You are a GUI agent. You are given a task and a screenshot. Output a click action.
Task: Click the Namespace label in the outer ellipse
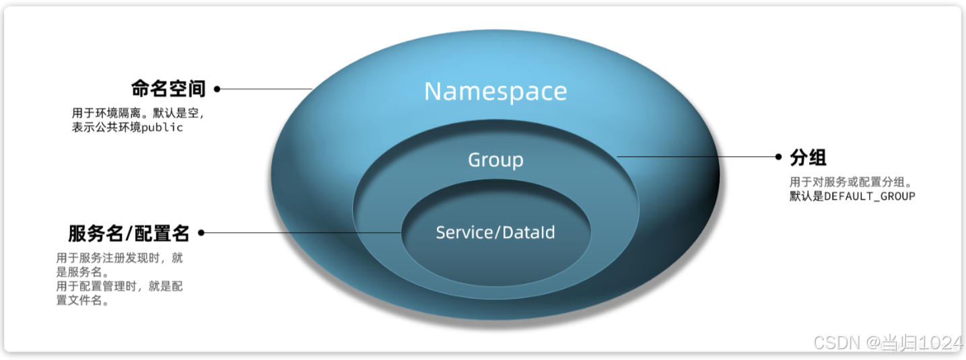(x=495, y=92)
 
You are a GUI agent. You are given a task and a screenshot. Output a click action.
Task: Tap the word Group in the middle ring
(x=495, y=160)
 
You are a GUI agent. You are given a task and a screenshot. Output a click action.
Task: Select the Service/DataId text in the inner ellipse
(x=495, y=233)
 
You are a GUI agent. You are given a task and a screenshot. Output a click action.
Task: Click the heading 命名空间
(x=168, y=89)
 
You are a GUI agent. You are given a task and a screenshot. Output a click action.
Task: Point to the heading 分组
(x=808, y=157)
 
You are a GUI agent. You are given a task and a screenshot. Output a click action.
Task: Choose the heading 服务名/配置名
(x=129, y=233)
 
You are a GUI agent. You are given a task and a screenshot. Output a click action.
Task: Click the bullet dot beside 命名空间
(x=217, y=89)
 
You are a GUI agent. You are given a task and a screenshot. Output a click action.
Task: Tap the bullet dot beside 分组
(x=779, y=157)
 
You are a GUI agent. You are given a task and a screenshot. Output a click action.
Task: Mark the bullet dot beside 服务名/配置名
(x=201, y=233)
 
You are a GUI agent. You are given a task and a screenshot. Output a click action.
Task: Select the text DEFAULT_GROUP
(x=870, y=196)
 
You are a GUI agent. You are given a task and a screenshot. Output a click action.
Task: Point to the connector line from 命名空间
(x=266, y=89)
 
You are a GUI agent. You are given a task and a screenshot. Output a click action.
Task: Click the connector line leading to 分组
(x=697, y=157)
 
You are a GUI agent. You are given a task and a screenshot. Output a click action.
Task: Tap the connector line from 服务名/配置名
(x=303, y=233)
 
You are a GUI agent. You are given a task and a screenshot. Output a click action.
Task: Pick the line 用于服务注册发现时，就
(x=120, y=258)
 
